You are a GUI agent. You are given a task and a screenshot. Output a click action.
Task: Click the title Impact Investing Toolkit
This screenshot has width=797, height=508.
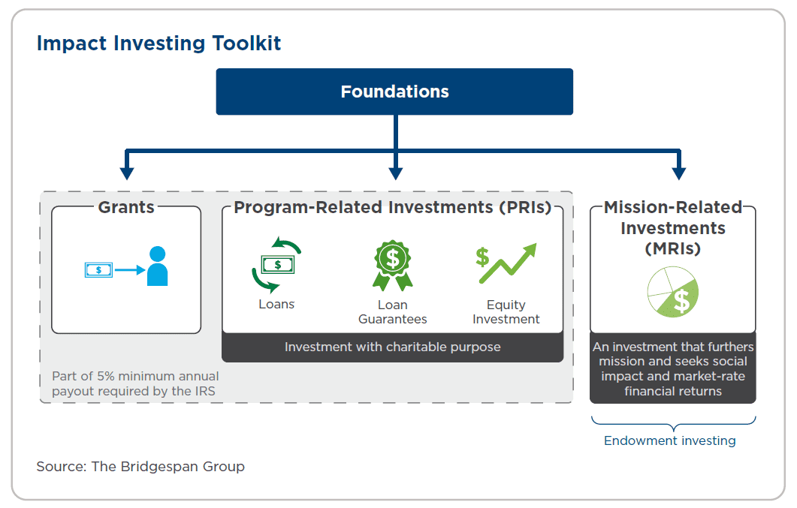click(158, 44)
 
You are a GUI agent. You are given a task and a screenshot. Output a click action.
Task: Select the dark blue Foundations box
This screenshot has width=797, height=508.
click(394, 92)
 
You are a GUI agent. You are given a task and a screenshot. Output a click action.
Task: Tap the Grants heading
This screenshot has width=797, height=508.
click(126, 207)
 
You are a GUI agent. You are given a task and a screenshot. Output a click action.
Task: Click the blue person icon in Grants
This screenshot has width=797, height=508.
click(158, 266)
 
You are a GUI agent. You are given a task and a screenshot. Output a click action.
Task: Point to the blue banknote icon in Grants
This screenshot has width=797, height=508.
click(98, 270)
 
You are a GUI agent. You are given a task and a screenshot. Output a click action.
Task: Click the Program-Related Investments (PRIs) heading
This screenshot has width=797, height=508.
click(392, 207)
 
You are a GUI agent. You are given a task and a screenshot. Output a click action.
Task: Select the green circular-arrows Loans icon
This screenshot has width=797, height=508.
click(276, 264)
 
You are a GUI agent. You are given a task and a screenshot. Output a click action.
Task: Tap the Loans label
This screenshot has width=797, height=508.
click(276, 304)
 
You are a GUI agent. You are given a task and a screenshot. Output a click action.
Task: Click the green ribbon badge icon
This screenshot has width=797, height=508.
click(392, 264)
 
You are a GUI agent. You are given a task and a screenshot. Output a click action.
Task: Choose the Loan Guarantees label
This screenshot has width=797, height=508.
click(392, 311)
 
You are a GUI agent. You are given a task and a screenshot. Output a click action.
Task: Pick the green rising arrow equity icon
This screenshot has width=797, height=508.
click(506, 264)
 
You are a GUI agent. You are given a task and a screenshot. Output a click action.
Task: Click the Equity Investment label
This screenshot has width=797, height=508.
click(506, 311)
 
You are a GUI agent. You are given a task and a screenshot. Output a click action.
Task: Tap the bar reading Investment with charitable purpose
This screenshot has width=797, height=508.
click(392, 347)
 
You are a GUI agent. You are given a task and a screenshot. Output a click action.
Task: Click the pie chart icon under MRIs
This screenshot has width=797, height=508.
click(672, 293)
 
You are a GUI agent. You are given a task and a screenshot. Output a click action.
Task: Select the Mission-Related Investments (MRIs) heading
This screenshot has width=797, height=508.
click(673, 227)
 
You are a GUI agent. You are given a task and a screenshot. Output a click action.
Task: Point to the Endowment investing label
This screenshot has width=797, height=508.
click(670, 440)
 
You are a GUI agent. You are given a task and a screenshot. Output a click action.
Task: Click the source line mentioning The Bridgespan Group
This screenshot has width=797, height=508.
click(140, 466)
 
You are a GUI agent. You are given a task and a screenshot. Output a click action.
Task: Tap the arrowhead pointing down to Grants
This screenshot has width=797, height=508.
click(127, 173)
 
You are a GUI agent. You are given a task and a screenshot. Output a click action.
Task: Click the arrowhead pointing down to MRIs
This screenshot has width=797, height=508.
click(678, 173)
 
